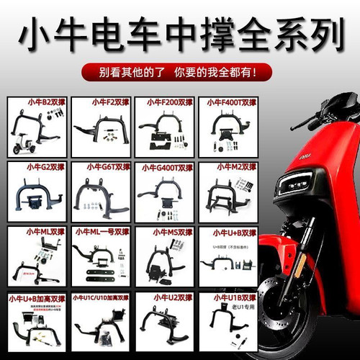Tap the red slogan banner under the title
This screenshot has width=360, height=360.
[x=179, y=72]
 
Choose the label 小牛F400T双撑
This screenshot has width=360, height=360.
[x=228, y=102]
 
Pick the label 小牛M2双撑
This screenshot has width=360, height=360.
[x=228, y=166]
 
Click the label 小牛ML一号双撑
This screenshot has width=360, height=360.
[x=101, y=232]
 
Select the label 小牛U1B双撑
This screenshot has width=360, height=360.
[x=228, y=297]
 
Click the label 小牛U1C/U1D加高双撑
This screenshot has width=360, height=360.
[x=101, y=297]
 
